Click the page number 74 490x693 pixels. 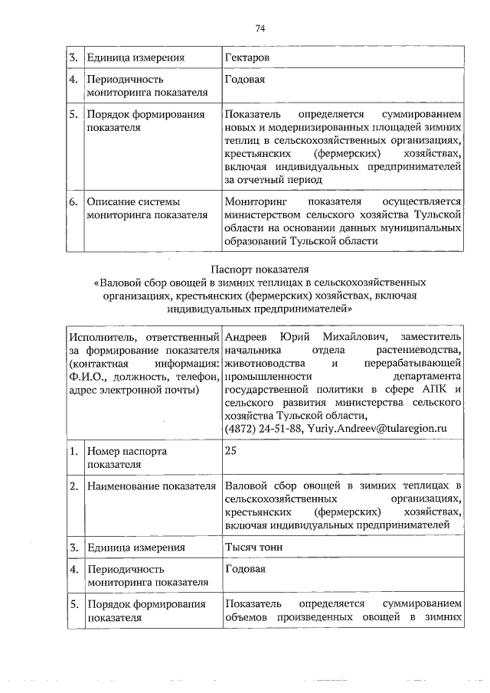click(260, 28)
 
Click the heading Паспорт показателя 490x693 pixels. click(260, 269)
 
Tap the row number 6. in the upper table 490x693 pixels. click(73, 201)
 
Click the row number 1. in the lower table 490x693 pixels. click(73, 451)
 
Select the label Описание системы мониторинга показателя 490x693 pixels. click(147, 208)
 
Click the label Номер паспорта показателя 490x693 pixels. click(126, 457)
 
